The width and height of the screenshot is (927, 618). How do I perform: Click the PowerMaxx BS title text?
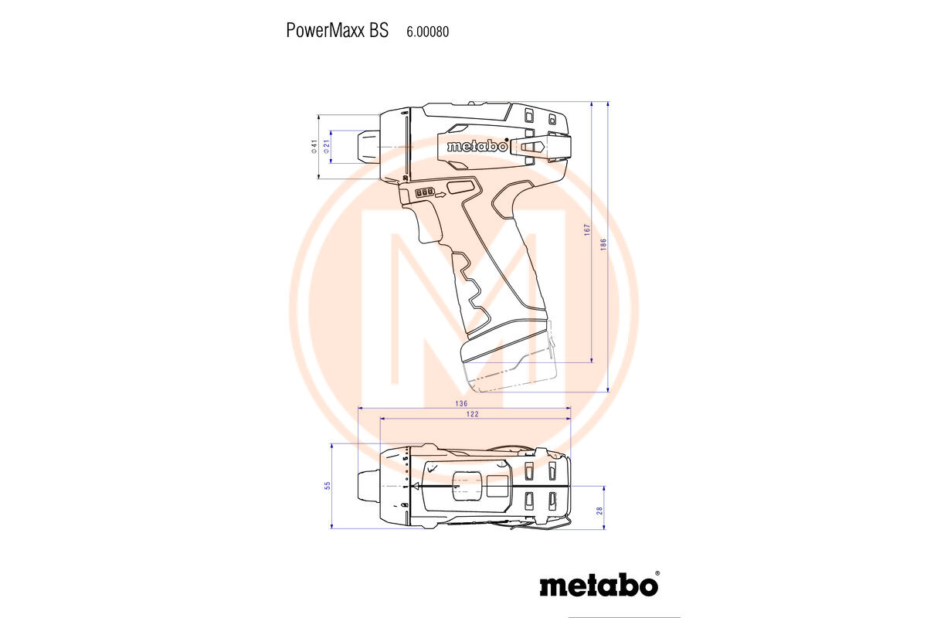tap(338, 31)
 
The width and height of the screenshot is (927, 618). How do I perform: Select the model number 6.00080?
tap(427, 32)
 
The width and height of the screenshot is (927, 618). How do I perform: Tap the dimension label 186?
tap(603, 244)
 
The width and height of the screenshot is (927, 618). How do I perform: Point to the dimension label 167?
tap(587, 229)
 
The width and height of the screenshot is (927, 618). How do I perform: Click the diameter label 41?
tap(314, 146)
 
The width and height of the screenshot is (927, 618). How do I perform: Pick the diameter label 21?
tap(327, 146)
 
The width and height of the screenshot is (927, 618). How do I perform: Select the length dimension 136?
tap(461, 403)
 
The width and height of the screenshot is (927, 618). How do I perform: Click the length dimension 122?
tap(473, 414)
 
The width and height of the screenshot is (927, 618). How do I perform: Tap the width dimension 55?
tap(328, 486)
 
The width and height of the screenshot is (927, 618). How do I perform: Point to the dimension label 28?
tap(599, 511)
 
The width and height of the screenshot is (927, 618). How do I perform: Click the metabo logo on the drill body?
tap(477, 146)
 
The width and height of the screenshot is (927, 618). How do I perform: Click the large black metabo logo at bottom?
tap(599, 586)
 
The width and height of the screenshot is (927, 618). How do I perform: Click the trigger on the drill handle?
tap(428, 223)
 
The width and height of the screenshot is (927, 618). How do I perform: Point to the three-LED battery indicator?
tap(425, 192)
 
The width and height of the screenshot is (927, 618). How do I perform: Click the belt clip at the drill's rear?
tap(540, 147)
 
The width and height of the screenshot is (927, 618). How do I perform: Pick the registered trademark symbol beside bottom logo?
tap(657, 573)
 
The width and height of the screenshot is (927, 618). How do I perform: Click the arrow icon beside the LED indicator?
tap(441, 195)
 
